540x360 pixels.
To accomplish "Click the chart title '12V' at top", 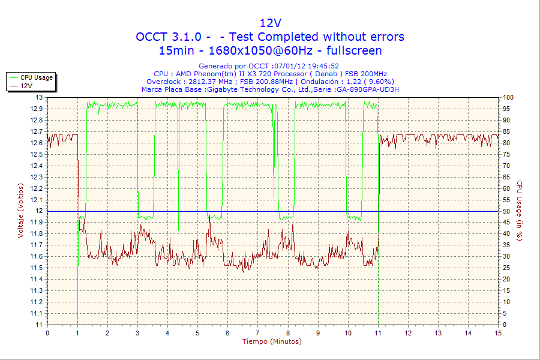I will (270, 23).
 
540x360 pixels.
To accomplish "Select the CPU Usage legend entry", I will (37, 77).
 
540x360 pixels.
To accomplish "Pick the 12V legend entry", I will (26, 86).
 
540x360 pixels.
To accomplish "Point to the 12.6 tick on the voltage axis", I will (37, 143).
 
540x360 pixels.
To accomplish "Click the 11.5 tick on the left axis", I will (37, 268).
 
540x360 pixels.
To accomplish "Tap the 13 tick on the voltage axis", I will (40, 97).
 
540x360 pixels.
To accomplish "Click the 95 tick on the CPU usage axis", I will (508, 109).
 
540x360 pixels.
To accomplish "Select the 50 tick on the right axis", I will (508, 211).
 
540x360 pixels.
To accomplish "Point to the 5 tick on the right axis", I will (506, 314).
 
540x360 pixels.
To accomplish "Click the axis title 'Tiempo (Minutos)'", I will (272, 342).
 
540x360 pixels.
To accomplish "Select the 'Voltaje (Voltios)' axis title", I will (20, 211).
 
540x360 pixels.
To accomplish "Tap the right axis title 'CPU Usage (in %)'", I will (520, 211).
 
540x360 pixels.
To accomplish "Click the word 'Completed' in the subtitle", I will (288, 37).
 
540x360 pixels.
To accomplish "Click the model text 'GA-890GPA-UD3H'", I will (367, 89).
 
